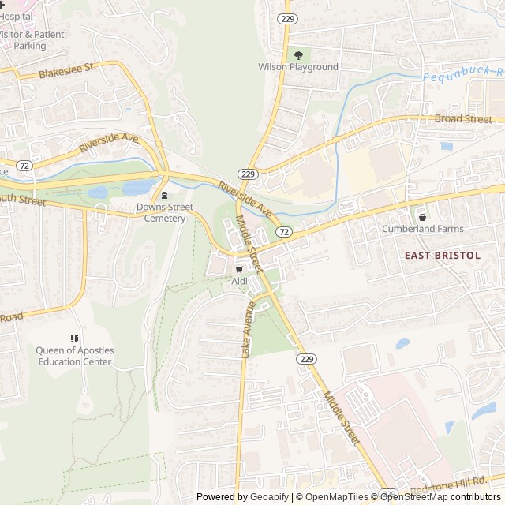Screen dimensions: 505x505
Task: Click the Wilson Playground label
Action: pos(298,67)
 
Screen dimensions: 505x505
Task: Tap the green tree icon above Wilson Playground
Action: pos(298,54)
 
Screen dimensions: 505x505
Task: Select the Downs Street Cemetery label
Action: pos(164,212)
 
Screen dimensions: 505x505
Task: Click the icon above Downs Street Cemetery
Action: pos(164,196)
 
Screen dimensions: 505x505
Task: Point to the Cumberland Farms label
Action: pos(423,229)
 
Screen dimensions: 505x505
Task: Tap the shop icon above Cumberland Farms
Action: pos(423,217)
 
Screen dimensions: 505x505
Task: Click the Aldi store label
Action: pos(239,281)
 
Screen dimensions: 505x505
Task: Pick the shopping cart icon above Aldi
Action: pos(239,269)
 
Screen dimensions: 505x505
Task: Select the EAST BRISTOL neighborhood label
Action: pos(443,255)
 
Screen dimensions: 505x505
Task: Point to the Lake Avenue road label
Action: pos(245,331)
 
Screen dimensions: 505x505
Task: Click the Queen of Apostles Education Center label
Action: pos(75,356)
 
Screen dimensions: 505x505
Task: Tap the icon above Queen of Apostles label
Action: pos(75,339)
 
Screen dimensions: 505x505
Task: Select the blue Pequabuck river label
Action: pos(462,75)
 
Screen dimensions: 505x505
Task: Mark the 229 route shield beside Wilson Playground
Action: pos(285,17)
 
